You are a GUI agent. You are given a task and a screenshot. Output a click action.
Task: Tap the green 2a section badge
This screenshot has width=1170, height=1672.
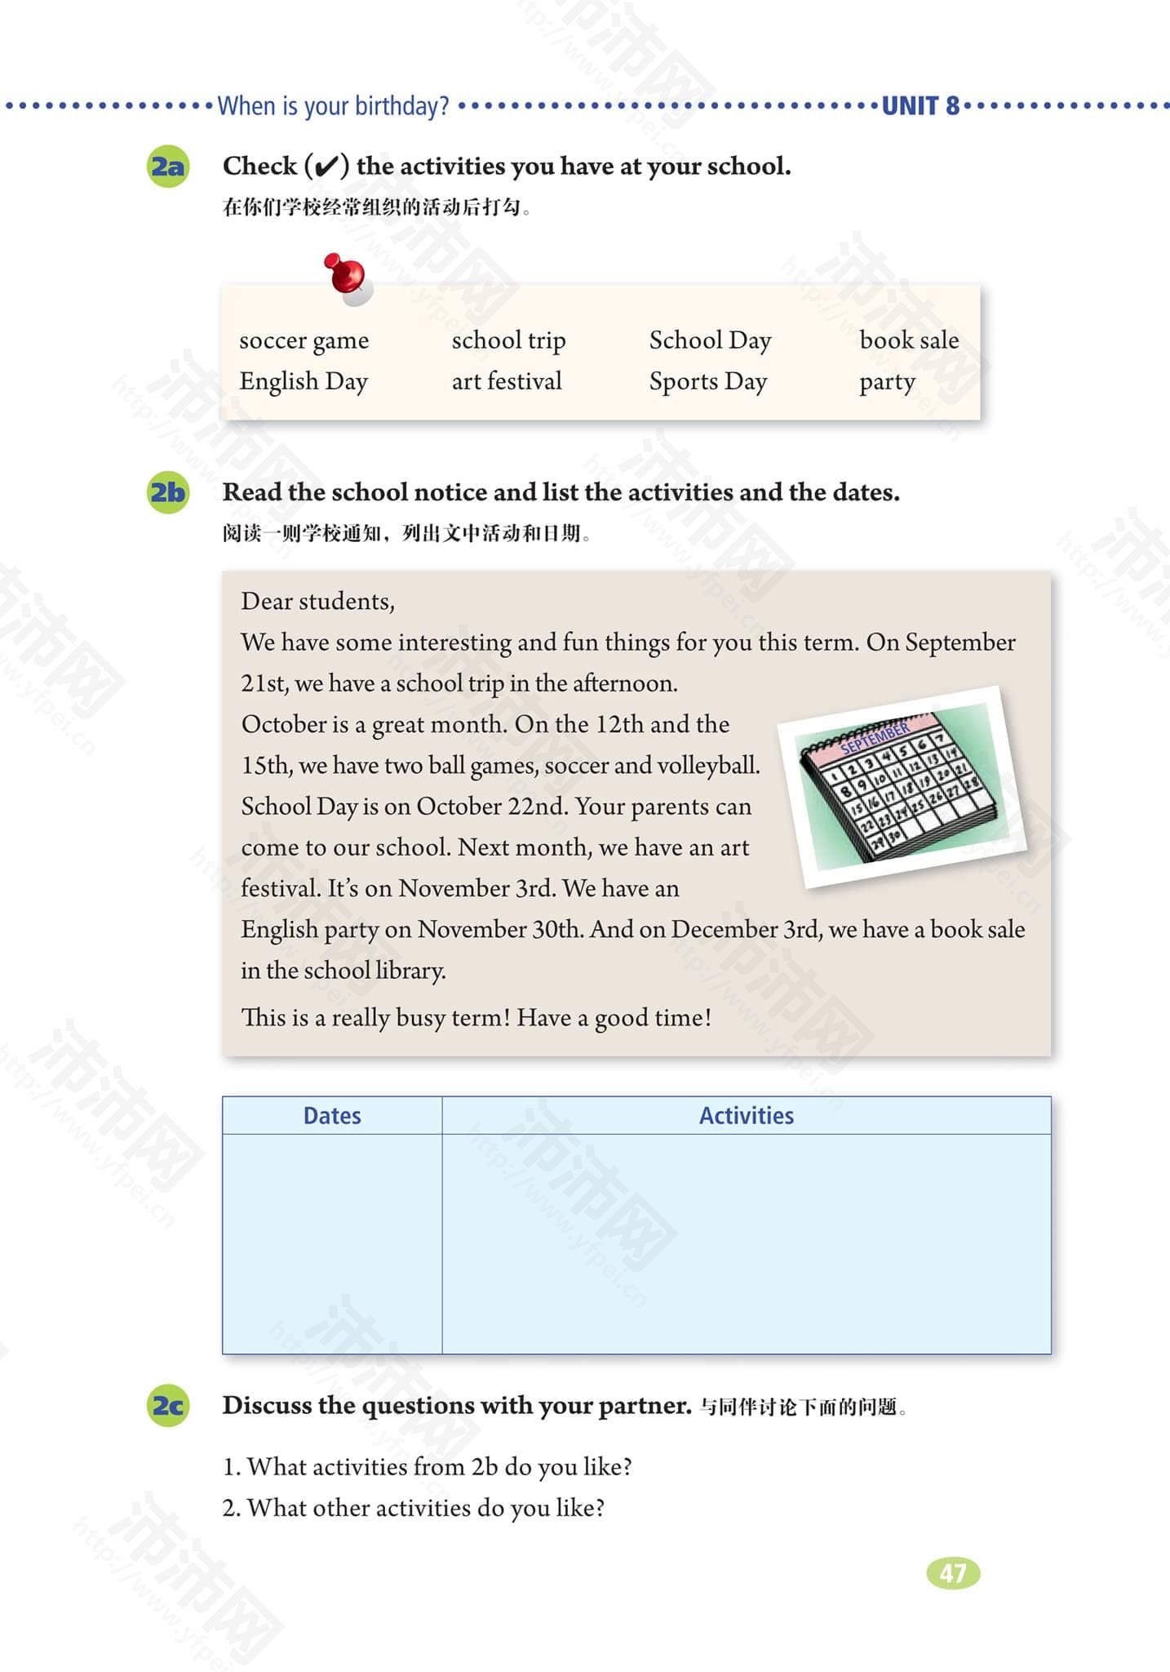click(x=168, y=167)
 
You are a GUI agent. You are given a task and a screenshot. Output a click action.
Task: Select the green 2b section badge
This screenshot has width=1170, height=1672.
click(x=168, y=492)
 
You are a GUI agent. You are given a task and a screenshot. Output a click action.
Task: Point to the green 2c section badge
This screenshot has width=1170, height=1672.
click(x=168, y=1405)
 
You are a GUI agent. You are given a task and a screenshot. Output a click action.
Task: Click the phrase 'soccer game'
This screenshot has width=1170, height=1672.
click(x=304, y=340)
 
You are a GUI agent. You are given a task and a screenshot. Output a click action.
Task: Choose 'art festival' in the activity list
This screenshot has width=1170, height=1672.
click(x=507, y=381)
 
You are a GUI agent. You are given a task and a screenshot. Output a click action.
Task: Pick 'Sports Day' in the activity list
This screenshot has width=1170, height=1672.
click(x=707, y=381)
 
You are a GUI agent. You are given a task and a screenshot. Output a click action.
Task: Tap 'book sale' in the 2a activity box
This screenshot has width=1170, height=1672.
click(x=909, y=340)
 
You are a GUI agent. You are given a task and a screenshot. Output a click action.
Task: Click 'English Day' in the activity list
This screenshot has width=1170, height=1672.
click(x=304, y=381)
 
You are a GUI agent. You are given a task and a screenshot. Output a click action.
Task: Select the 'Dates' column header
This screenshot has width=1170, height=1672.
click(x=332, y=1115)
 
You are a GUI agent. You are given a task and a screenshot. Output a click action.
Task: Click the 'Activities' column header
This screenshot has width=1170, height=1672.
click(x=746, y=1115)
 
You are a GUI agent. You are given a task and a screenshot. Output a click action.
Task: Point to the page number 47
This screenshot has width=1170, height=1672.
click(x=953, y=1572)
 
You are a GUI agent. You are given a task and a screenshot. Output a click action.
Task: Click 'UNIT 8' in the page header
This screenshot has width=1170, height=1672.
click(x=920, y=106)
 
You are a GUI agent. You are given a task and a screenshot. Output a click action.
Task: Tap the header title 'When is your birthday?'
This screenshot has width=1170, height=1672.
click(x=333, y=106)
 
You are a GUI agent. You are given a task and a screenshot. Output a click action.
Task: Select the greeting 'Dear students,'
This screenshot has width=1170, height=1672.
click(x=317, y=602)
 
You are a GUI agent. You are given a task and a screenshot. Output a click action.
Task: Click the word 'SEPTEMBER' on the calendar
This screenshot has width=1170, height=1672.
click(x=875, y=737)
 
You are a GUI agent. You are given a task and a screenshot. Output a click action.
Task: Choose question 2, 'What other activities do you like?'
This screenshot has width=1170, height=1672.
click(x=414, y=1507)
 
